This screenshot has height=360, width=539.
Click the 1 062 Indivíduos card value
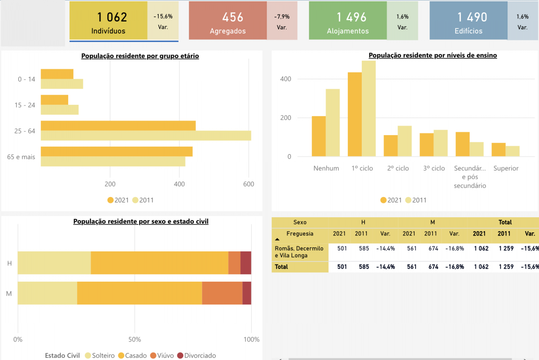click(112, 17)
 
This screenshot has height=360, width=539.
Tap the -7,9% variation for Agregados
click(282, 17)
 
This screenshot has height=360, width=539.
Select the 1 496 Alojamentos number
click(352, 17)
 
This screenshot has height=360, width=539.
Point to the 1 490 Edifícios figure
click(472, 17)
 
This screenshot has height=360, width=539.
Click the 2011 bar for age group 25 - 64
click(146, 136)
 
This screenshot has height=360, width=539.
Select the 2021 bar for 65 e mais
click(116, 152)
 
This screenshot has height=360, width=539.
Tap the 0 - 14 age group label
click(27, 79)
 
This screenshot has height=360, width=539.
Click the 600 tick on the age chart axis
click(248, 184)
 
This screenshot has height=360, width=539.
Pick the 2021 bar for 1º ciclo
click(355, 114)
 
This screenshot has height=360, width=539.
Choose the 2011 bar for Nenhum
click(333, 123)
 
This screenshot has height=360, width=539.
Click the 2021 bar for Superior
click(499, 149)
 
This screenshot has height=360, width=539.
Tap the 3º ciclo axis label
click(434, 168)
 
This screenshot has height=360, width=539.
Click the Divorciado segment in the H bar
click(246, 263)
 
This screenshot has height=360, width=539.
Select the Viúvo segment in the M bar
click(222, 293)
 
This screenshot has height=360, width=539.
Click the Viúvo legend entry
click(162, 356)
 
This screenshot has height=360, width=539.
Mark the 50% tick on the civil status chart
click(134, 339)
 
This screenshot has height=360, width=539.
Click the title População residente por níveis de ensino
click(432, 55)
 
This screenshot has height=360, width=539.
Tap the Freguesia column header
click(300, 234)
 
